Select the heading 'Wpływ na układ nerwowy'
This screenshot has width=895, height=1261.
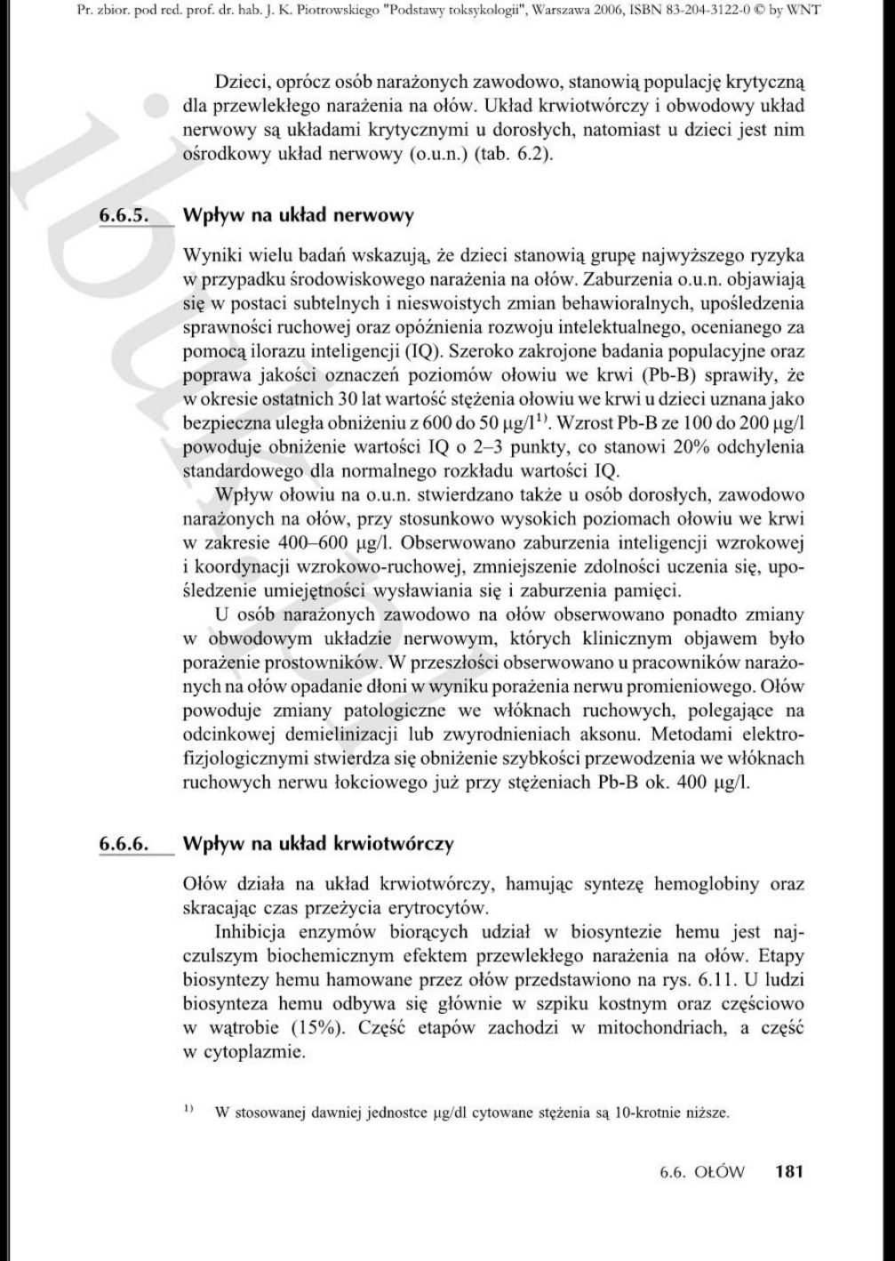click(x=298, y=215)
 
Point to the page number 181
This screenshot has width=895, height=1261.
click(x=788, y=1171)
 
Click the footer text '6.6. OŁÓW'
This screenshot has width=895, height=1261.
click(x=702, y=1171)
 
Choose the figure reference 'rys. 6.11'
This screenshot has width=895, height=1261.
click(x=703, y=980)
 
